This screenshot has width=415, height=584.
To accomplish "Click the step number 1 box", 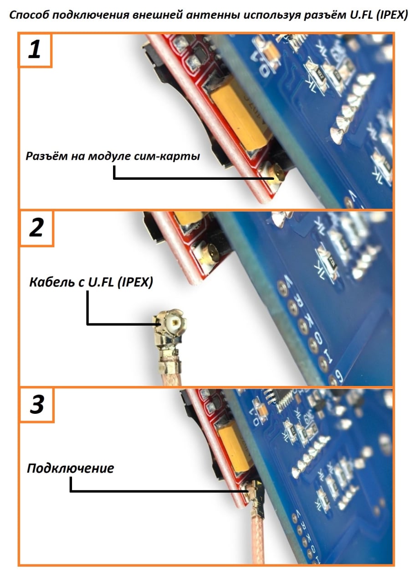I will [35, 50].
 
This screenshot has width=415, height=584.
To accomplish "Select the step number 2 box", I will [36, 228].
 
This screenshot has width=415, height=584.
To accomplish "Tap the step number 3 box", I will [36, 405].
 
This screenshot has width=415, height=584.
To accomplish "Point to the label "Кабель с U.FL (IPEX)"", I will [91, 282].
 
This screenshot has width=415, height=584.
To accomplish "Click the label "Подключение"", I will [70, 468].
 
